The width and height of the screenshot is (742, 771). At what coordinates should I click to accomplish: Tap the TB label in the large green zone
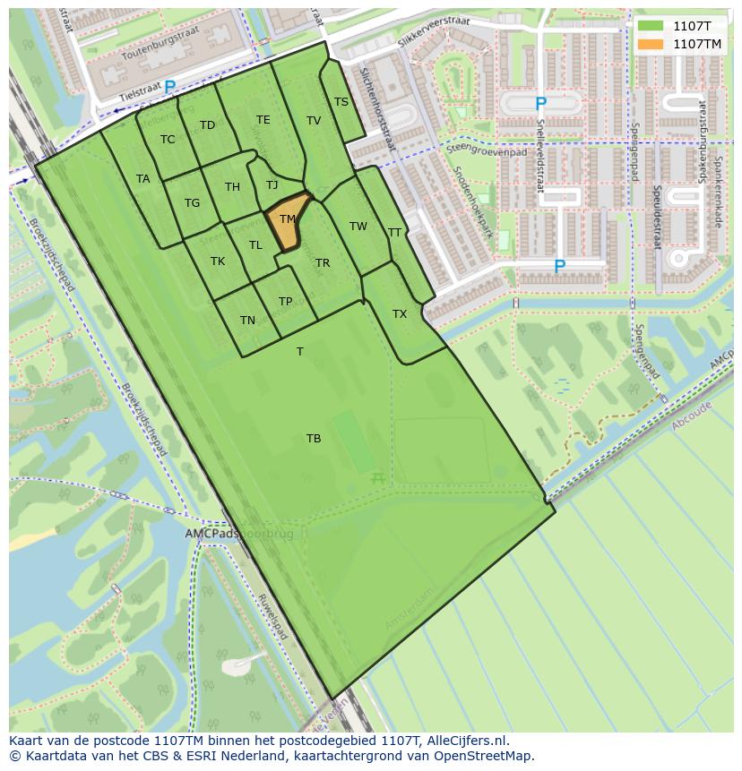(314, 439)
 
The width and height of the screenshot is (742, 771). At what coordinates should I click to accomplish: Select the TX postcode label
(400, 314)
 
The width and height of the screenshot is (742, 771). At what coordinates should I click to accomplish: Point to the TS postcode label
(341, 102)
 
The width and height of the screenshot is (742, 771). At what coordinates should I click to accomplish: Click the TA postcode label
(143, 179)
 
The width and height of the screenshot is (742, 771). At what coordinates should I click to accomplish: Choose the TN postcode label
(248, 321)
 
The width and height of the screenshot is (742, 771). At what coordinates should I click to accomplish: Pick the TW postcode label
(358, 227)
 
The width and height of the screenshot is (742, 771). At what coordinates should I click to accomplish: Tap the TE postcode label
(263, 120)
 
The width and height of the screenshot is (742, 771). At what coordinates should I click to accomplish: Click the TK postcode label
(218, 261)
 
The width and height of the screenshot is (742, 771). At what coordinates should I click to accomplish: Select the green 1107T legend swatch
(651, 26)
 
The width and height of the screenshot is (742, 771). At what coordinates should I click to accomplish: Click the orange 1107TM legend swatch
(651, 43)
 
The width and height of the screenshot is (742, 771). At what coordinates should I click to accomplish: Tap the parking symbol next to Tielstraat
(169, 86)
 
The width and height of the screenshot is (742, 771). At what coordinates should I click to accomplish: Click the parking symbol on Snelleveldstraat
(540, 105)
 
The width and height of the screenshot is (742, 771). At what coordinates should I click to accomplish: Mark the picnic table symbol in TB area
(378, 479)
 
